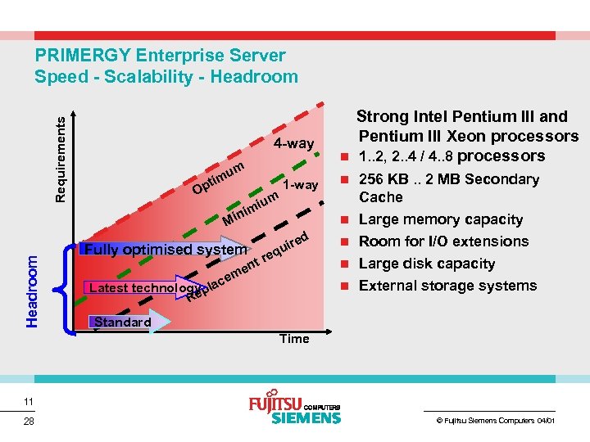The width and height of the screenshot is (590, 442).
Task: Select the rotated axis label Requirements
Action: click(59, 158)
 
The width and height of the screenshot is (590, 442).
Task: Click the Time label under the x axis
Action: click(294, 338)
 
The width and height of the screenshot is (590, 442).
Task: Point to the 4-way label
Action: click(293, 144)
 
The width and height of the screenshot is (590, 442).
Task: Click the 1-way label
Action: click(300, 185)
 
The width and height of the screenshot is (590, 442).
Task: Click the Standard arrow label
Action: click(122, 322)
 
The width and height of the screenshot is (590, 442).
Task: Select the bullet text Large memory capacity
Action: click(440, 219)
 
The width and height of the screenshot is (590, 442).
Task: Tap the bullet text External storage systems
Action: click(447, 286)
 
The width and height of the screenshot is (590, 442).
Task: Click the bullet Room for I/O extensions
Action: click(443, 241)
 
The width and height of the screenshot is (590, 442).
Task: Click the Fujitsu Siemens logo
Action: click(294, 411)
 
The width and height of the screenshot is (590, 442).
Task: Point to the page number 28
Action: click(29, 422)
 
